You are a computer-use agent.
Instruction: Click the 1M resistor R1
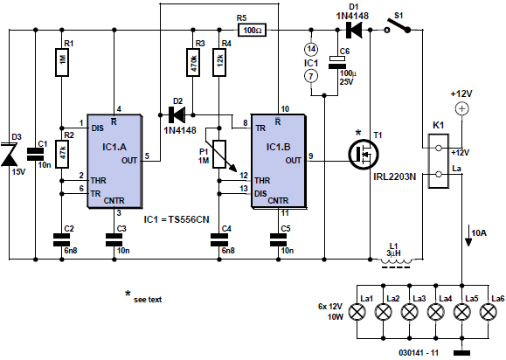(62, 62)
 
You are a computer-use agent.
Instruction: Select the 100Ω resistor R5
(253, 31)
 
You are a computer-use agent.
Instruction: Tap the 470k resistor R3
(193, 62)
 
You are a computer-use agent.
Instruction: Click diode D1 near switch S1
(354, 31)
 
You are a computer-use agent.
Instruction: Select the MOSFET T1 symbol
(364, 154)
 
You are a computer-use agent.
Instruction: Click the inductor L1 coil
(396, 260)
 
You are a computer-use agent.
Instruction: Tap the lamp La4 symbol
(436, 312)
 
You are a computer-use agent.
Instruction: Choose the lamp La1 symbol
(357, 312)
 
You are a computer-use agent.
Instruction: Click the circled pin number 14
(311, 49)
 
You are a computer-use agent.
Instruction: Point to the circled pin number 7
(311, 76)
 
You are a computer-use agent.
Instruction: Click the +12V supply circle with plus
(461, 108)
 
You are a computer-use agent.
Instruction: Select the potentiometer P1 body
(219, 154)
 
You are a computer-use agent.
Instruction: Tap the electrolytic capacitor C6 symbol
(337, 62)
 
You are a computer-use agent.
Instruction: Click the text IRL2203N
(395, 177)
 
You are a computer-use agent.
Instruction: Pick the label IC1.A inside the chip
(114, 147)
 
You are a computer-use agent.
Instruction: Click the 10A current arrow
(468, 236)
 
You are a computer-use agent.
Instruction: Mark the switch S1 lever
(399, 24)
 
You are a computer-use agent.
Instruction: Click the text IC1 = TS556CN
(177, 219)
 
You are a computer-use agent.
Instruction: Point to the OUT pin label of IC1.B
(293, 160)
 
